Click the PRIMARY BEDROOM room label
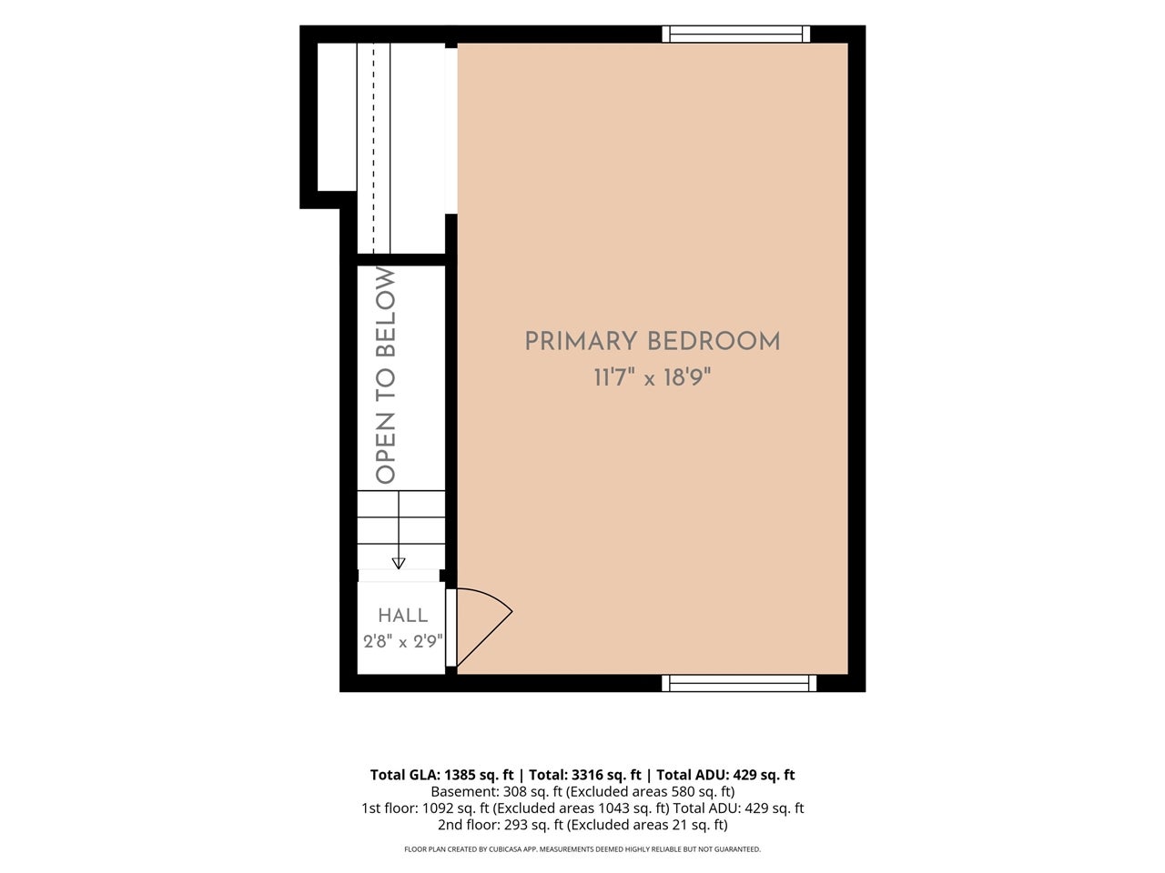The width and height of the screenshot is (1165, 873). (x=653, y=341)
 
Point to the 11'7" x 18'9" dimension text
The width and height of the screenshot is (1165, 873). (x=653, y=378)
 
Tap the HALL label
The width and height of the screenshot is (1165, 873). (x=403, y=616)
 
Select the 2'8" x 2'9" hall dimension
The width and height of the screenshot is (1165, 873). (x=403, y=642)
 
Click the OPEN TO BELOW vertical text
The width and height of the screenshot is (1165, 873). (x=386, y=376)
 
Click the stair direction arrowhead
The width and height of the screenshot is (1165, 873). (x=399, y=564)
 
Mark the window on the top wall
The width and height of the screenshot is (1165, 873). (x=736, y=34)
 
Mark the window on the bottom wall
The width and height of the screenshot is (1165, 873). (x=739, y=683)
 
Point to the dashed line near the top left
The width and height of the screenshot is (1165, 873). (x=373, y=148)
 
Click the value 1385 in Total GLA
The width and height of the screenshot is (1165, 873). (x=461, y=775)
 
